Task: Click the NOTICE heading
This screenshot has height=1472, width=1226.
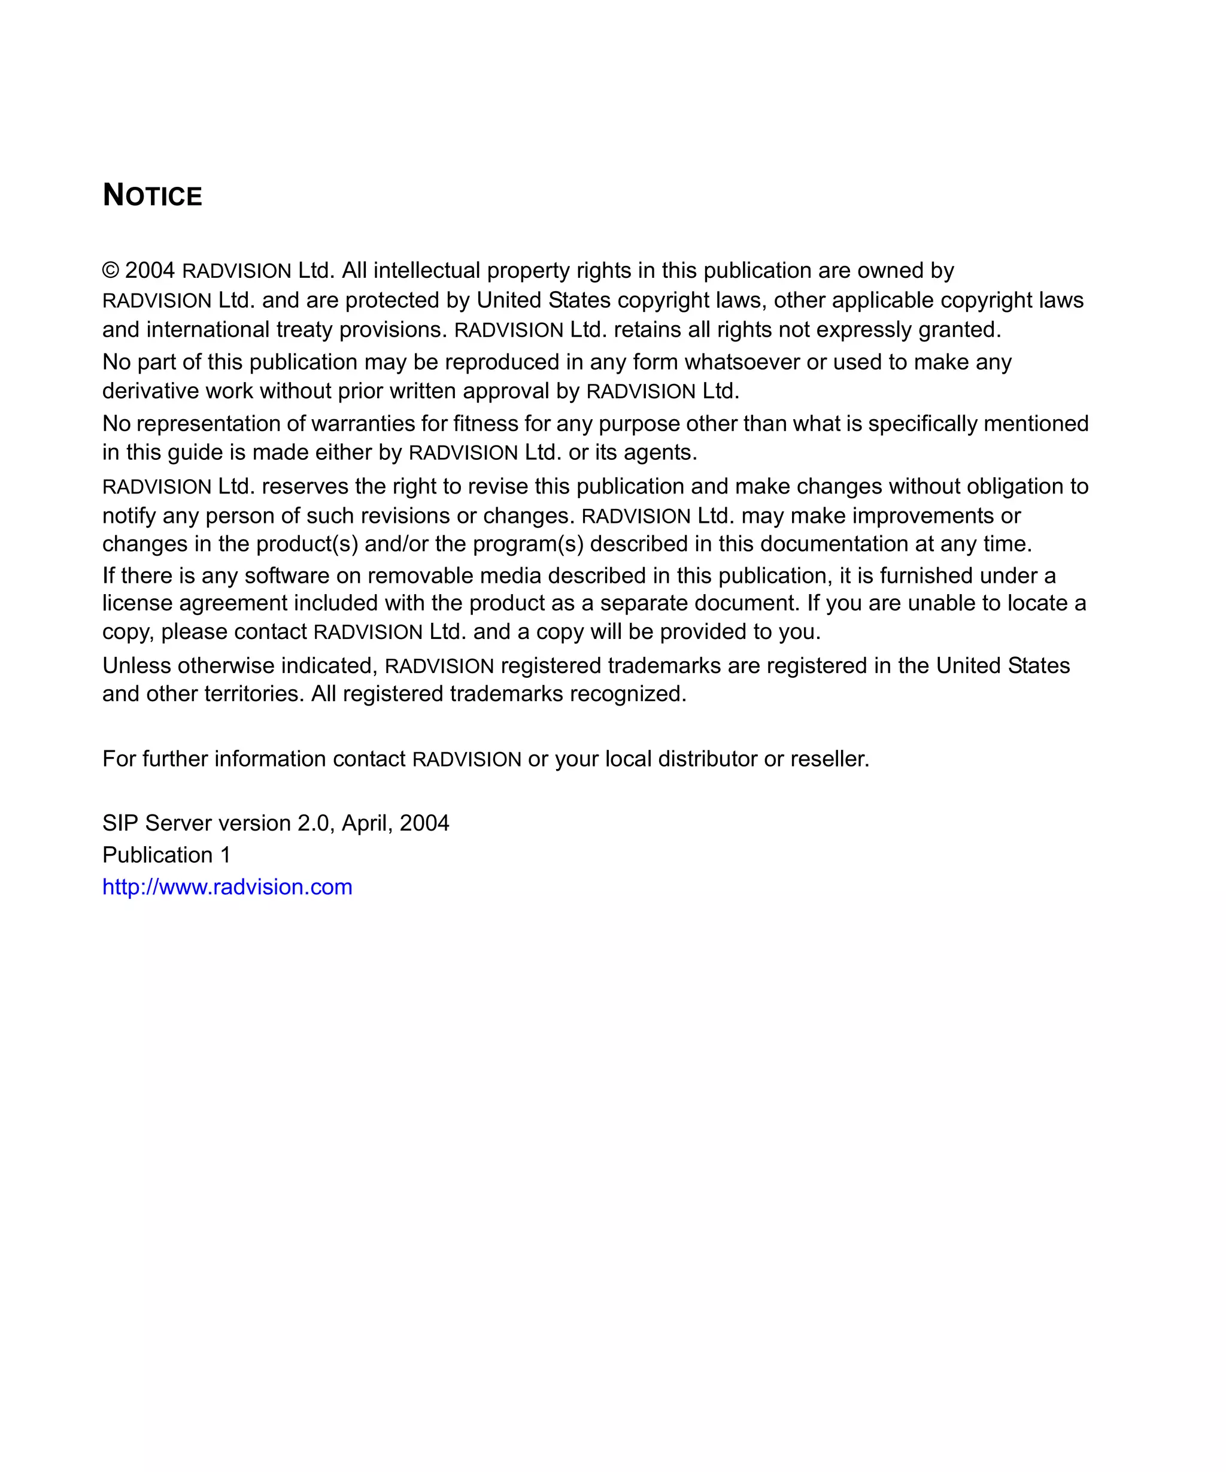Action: coord(152,196)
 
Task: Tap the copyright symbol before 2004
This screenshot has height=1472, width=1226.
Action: coord(111,271)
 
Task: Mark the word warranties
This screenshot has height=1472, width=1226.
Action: coord(362,423)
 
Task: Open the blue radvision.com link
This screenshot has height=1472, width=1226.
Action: coord(227,888)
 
